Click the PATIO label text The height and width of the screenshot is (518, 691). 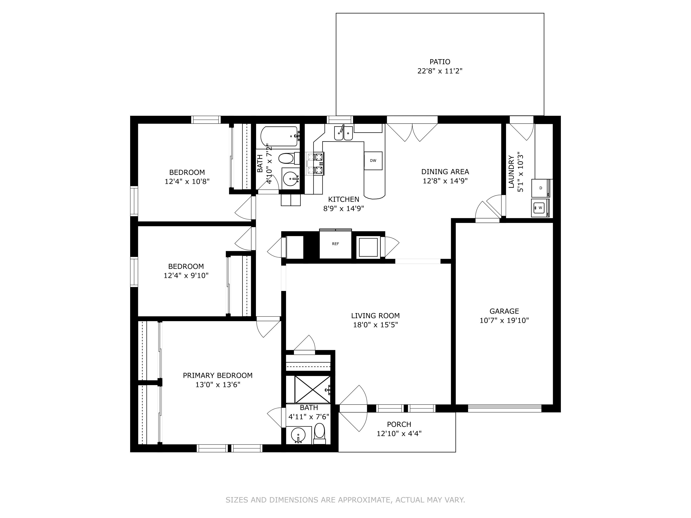tap(439, 62)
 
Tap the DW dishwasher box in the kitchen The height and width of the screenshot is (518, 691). tap(373, 161)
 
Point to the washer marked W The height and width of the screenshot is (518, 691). tap(540, 208)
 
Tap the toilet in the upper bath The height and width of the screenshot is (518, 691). tap(287, 158)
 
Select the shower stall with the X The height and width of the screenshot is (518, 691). tap(308, 389)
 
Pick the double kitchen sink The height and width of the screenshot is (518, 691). tap(343, 133)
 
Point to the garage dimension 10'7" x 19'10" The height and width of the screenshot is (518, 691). tap(504, 320)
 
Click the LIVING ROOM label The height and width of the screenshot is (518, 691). tap(375, 316)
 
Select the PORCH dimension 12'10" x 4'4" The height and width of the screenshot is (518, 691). tap(399, 433)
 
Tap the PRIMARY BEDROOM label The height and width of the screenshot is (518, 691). tap(217, 375)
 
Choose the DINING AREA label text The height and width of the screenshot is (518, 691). tap(445, 172)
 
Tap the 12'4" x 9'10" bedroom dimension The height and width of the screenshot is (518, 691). tap(186, 275)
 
